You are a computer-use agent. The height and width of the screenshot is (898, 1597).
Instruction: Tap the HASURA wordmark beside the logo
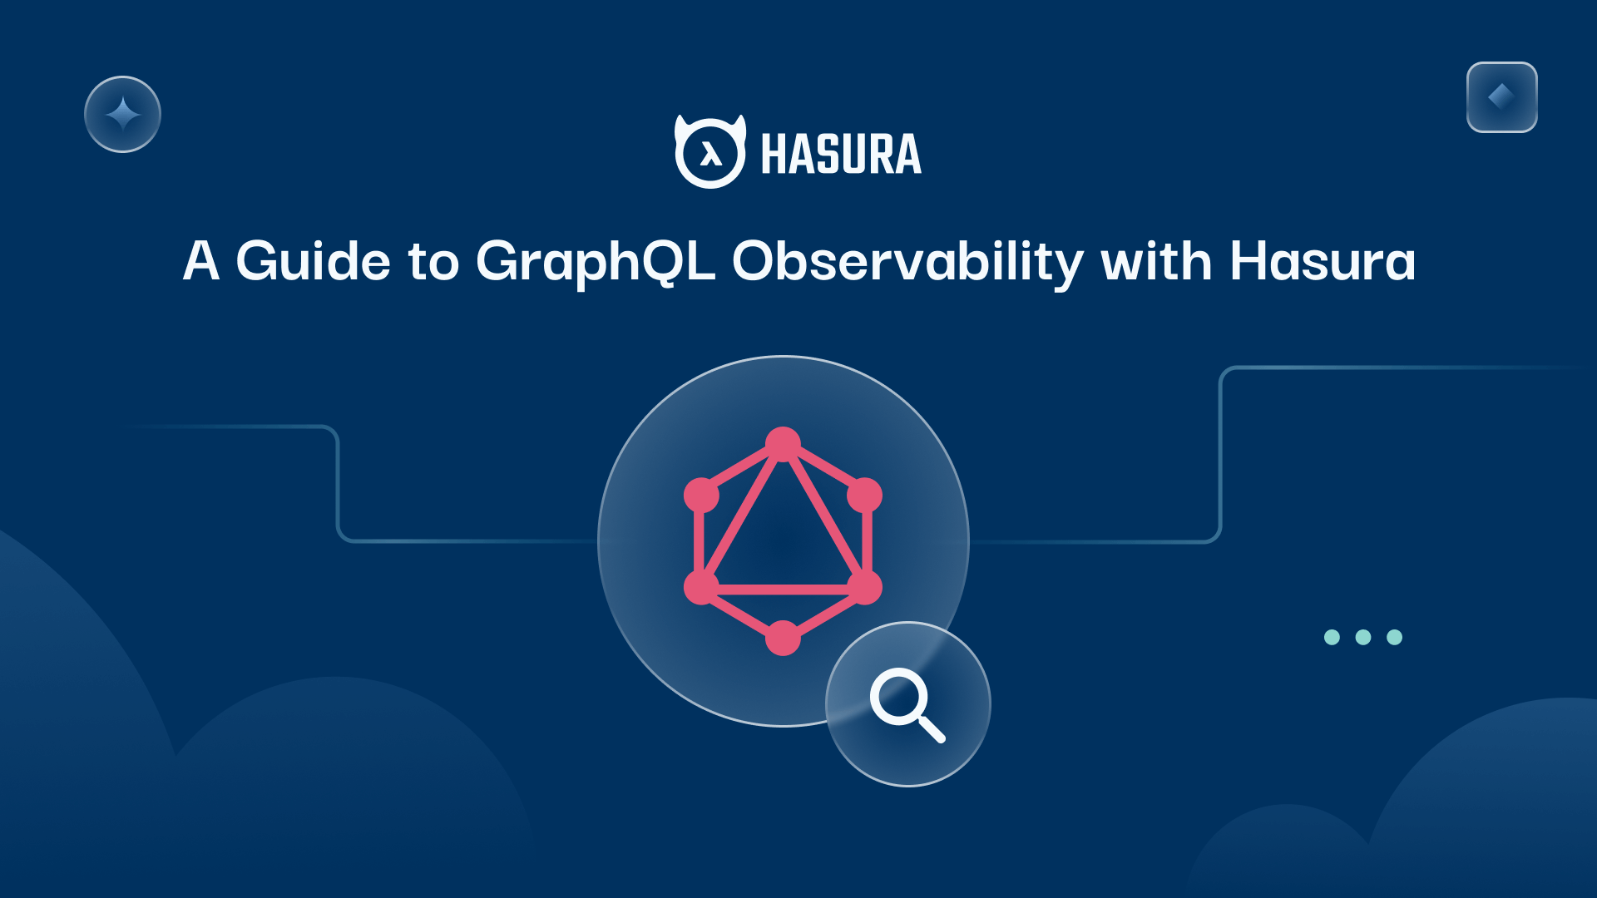(841, 155)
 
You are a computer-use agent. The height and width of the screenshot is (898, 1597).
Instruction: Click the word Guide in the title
(313, 261)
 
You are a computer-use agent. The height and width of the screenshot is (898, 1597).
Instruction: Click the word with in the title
(1156, 261)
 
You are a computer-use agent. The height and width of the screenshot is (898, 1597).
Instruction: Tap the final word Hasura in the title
(1323, 261)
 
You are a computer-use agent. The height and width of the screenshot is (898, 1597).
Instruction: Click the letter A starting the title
(201, 261)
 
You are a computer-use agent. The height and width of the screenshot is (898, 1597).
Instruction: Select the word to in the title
(433, 263)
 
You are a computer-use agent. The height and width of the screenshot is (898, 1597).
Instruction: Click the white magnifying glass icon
(906, 703)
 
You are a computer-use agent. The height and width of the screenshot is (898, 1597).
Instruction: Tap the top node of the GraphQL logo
(783, 444)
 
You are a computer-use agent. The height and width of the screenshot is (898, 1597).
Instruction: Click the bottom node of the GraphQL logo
(783, 638)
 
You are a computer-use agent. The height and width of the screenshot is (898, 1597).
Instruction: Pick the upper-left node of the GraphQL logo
(701, 495)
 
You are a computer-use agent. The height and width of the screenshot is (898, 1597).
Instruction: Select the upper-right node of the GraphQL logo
(864, 495)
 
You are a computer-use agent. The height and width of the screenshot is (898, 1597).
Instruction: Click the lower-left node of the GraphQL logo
(701, 587)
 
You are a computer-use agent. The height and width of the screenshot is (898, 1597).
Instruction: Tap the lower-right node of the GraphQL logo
(864, 587)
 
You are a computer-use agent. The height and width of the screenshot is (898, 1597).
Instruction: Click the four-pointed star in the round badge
(122, 114)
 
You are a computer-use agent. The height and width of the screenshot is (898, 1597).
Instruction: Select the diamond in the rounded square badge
(1501, 96)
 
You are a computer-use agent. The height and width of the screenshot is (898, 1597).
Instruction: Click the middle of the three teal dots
(1363, 637)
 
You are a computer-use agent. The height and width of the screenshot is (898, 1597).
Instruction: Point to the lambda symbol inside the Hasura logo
(710, 153)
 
